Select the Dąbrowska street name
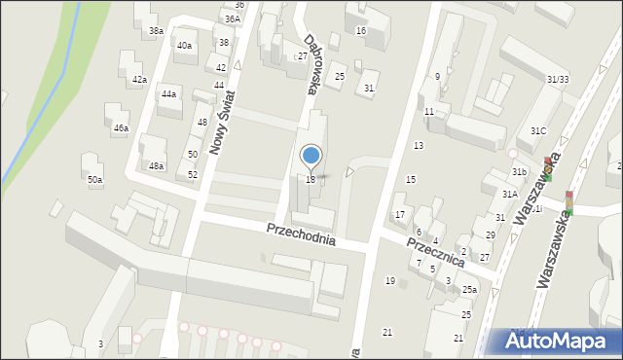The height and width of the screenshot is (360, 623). pyautogui.click(x=310, y=63)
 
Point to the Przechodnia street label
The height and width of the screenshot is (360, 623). pyautogui.click(x=302, y=234)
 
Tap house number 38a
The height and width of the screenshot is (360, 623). pyautogui.click(x=156, y=31)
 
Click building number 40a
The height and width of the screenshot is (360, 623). pyautogui.click(x=184, y=46)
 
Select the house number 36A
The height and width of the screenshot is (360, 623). pyautogui.click(x=232, y=18)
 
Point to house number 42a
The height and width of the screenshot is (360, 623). pyautogui.click(x=139, y=80)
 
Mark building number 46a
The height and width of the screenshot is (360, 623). pyautogui.click(x=121, y=128)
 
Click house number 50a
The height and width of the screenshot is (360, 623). pyautogui.click(x=94, y=180)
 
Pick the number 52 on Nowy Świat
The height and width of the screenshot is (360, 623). pyautogui.click(x=193, y=174)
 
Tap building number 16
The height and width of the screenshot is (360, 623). pyautogui.click(x=360, y=31)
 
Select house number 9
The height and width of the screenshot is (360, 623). pyautogui.click(x=437, y=76)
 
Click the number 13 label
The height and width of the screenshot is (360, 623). pyautogui.click(x=419, y=145)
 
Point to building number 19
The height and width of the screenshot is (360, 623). pyautogui.click(x=389, y=281)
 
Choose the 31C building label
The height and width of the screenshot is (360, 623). pyautogui.click(x=538, y=130)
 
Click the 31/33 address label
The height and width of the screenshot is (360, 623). pyautogui.click(x=558, y=79)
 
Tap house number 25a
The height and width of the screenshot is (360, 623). pyautogui.click(x=469, y=290)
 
